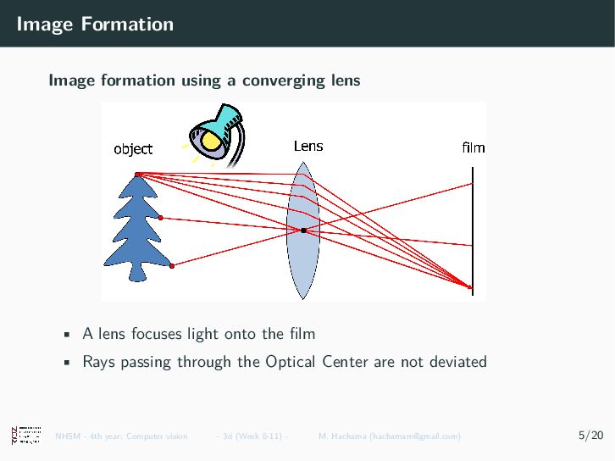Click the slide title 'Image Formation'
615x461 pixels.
95,24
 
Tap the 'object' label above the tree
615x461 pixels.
133,149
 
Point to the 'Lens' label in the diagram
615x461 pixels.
308,146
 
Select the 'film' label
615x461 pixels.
474,147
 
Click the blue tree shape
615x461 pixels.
136,229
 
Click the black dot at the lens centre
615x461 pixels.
303,230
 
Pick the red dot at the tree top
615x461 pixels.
137,175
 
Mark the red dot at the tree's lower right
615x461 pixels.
172,266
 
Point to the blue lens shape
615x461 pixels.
302,254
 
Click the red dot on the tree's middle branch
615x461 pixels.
160,218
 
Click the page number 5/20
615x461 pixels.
590,436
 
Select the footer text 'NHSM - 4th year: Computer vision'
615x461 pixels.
121,436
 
